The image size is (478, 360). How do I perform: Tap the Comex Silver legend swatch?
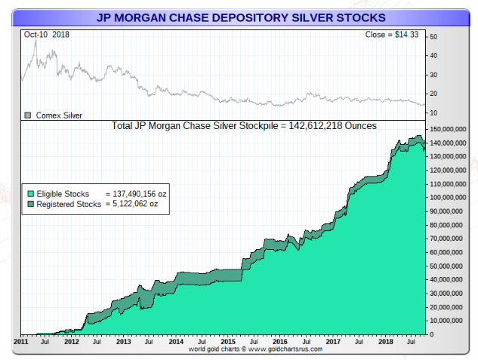tap(29, 115)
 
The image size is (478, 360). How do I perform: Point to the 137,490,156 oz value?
tap(136, 194)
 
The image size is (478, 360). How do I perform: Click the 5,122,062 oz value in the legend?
tap(133, 204)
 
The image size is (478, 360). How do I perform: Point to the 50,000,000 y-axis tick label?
tap(446, 266)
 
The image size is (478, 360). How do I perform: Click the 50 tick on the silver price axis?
tap(433, 37)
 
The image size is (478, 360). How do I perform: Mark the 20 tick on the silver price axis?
tap(433, 94)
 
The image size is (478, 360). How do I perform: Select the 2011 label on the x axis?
tap(22, 342)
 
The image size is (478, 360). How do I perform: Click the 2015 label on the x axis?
tap(228, 342)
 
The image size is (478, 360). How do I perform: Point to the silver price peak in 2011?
tap(35, 39)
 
